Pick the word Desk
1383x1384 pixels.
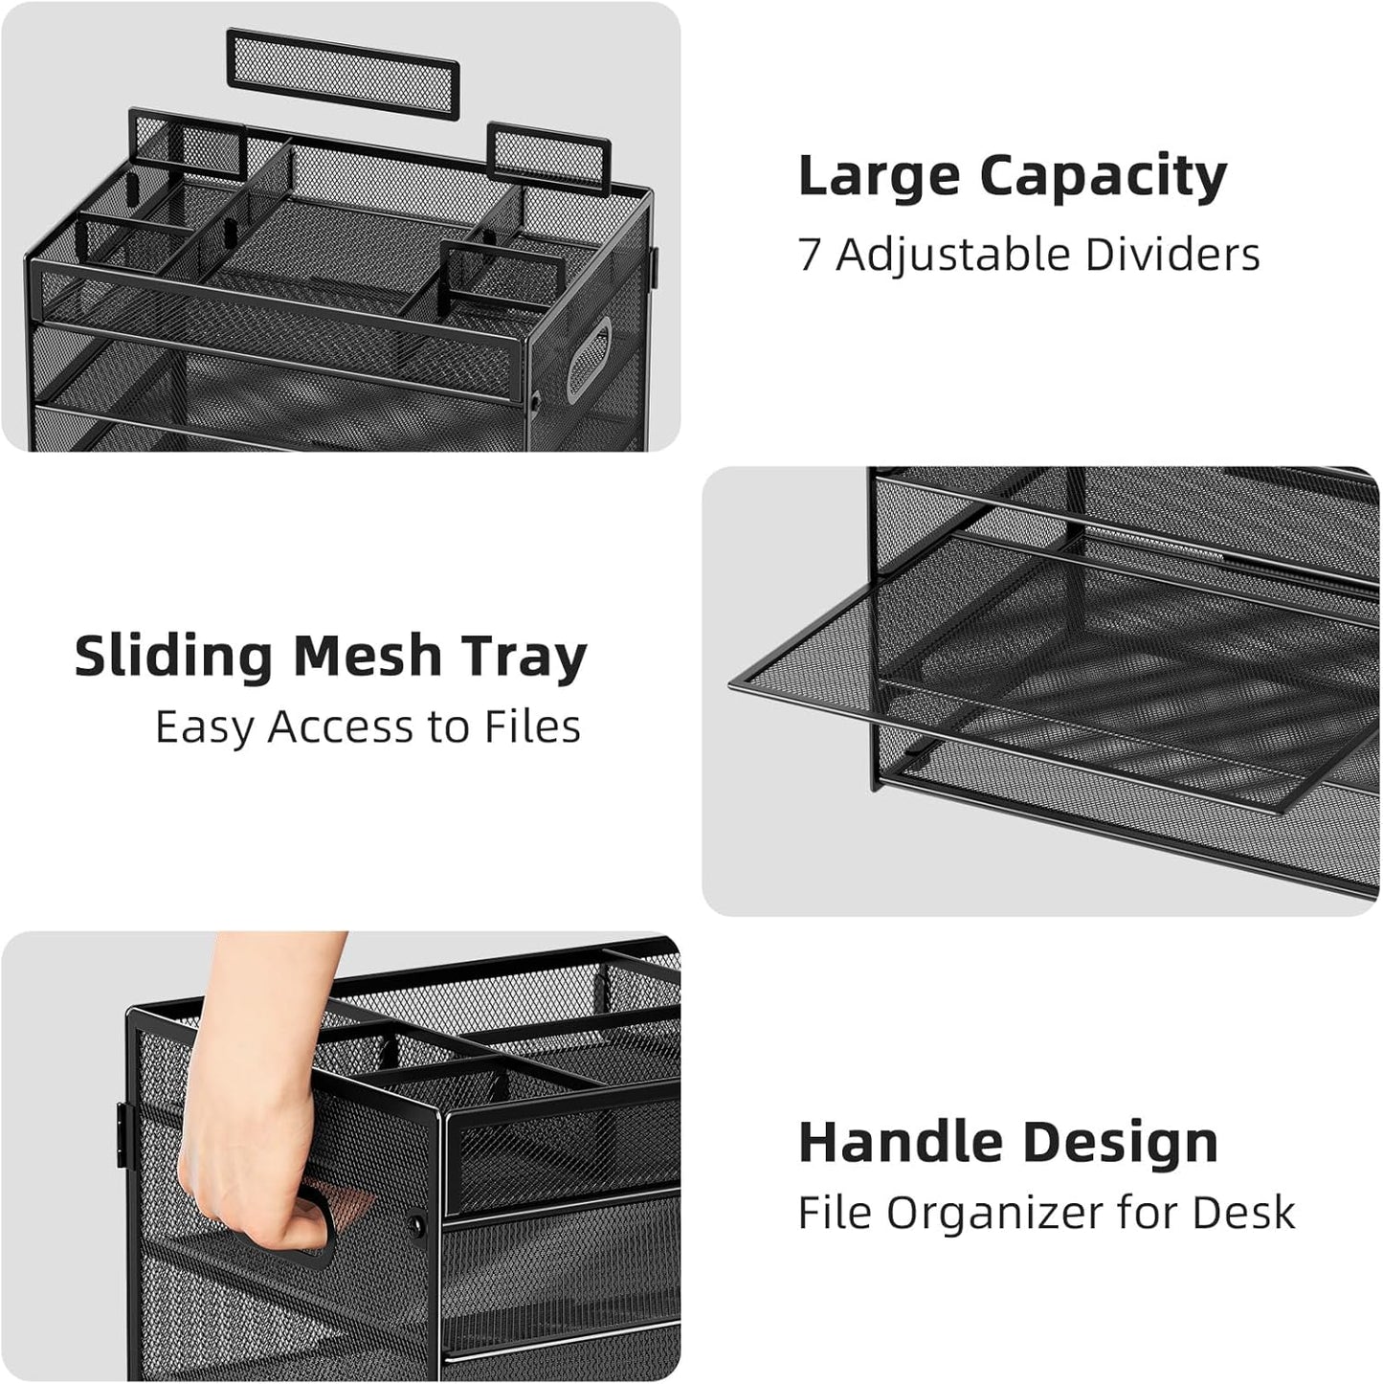point(1243,1214)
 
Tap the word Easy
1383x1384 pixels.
point(205,727)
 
